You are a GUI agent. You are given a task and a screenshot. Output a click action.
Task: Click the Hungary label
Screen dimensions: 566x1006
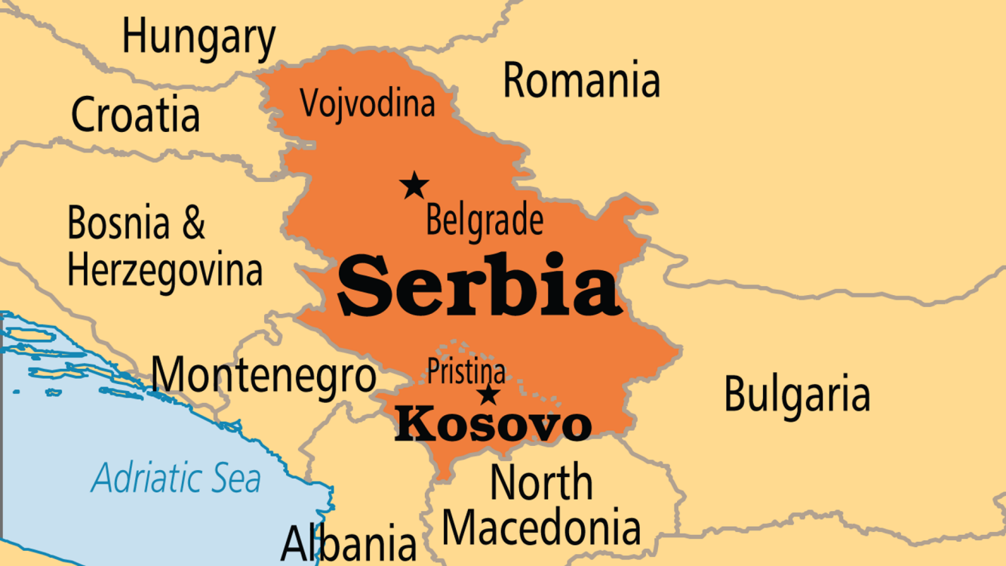click(198, 38)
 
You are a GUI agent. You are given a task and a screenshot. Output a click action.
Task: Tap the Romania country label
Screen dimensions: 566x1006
click(581, 80)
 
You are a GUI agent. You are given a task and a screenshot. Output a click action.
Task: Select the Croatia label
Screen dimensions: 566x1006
click(136, 115)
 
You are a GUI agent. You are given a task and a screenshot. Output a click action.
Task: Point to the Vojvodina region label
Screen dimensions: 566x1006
click(368, 103)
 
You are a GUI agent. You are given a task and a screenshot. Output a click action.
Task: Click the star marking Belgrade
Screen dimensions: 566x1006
click(414, 185)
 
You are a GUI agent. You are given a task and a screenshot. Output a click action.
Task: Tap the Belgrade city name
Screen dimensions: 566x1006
click(484, 221)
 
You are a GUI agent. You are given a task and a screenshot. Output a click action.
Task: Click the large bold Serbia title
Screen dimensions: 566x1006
click(478, 286)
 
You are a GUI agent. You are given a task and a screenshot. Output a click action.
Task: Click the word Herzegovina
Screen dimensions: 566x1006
click(165, 270)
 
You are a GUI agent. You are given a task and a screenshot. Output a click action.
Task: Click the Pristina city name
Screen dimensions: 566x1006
click(466, 371)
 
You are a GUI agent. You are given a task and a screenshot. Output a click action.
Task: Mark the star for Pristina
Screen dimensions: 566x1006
click(489, 394)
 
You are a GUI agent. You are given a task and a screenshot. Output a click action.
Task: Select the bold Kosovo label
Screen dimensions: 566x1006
click(493, 425)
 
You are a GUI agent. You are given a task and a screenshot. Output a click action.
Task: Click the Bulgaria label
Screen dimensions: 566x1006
click(797, 394)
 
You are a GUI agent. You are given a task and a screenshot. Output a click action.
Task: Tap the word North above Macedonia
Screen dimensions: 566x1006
click(541, 483)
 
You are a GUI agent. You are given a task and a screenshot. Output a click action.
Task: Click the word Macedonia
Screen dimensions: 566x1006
click(541, 528)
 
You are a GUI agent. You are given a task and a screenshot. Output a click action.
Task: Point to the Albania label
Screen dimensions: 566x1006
click(348, 543)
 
